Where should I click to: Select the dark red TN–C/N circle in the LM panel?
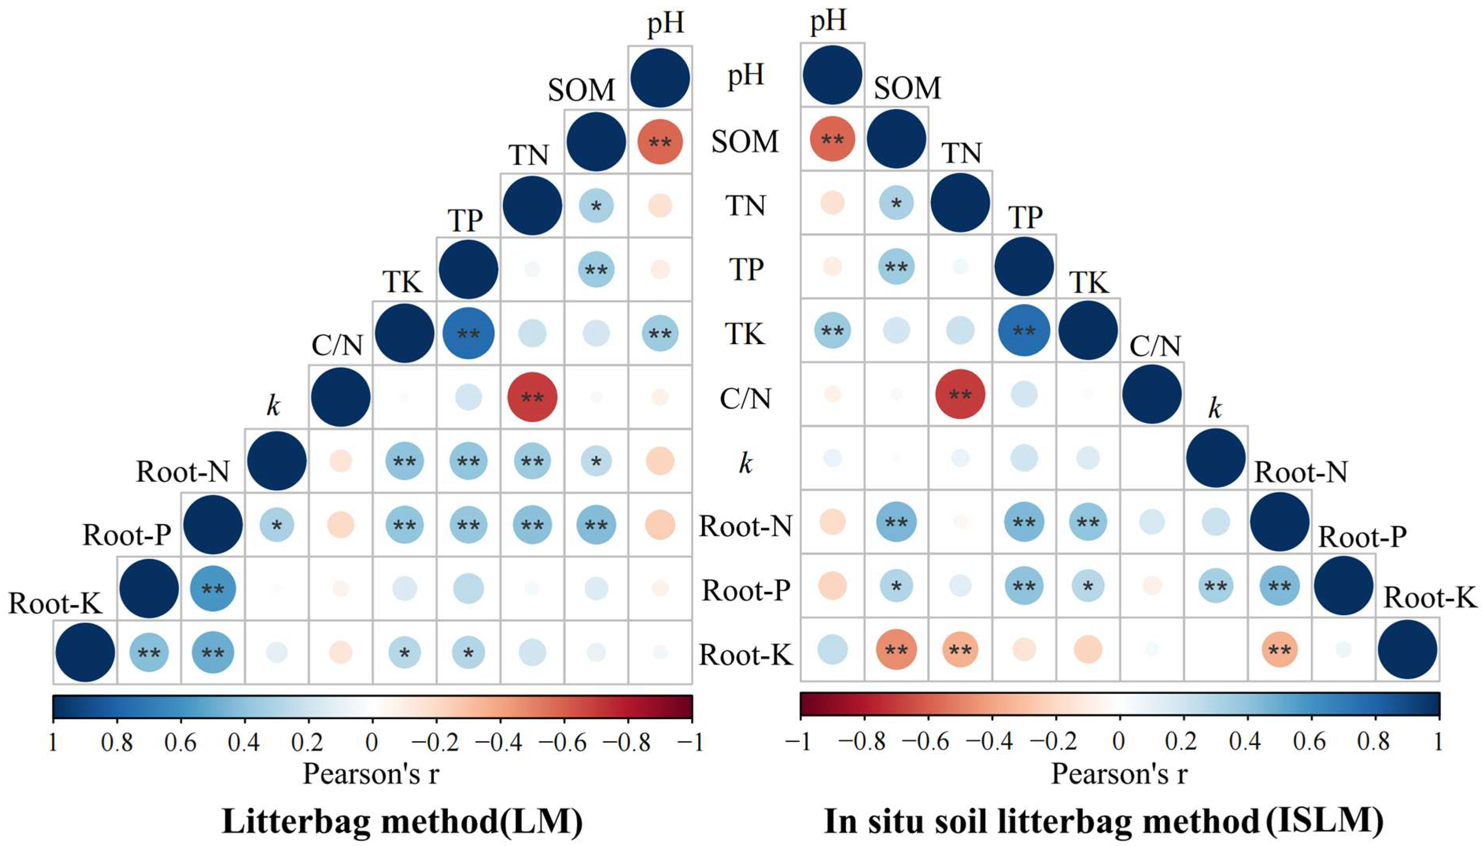[532, 397]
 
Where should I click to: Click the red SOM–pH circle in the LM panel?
[660, 142]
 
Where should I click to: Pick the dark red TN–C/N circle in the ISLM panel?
[960, 395]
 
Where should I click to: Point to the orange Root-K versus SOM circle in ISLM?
[896, 650]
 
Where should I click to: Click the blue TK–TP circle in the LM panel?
[468, 334]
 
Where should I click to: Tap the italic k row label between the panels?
[745, 463]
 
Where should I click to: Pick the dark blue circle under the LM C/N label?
[341, 397]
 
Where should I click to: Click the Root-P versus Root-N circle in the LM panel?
[212, 589]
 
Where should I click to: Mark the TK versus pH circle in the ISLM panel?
[832, 330]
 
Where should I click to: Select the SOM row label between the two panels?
[745, 141]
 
